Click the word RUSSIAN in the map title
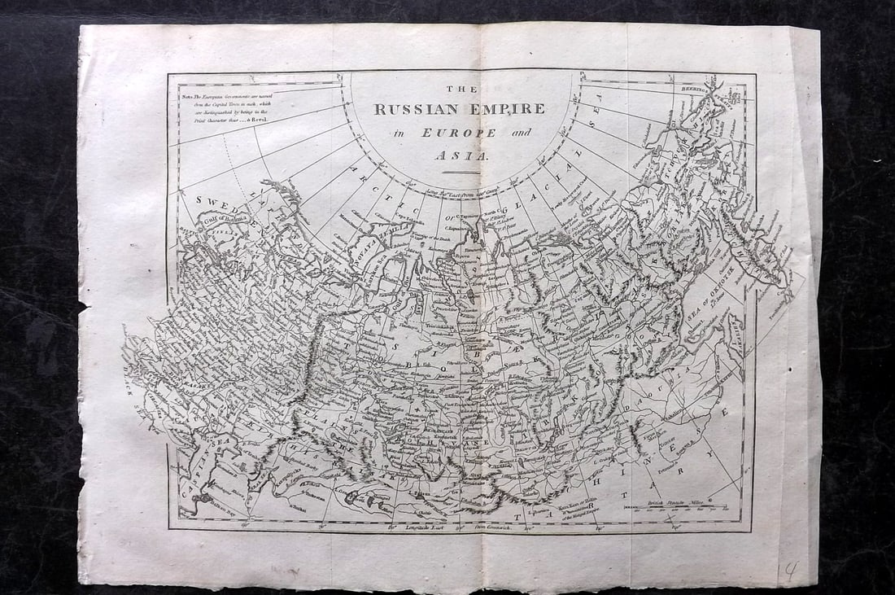click(415, 110)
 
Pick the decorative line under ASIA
click(461, 172)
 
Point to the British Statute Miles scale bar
click(666, 508)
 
